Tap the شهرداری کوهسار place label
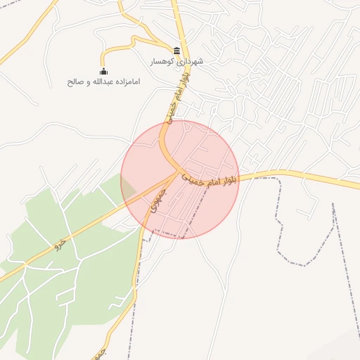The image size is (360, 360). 176,62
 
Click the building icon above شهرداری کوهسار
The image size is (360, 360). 176,51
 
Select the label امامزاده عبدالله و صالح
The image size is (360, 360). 104,82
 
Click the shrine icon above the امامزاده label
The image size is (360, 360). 104,71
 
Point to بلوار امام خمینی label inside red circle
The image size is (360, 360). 210,179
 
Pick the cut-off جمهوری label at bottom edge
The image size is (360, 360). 101,351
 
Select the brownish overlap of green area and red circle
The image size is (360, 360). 129,188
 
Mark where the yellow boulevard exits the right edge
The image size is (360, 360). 355,186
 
